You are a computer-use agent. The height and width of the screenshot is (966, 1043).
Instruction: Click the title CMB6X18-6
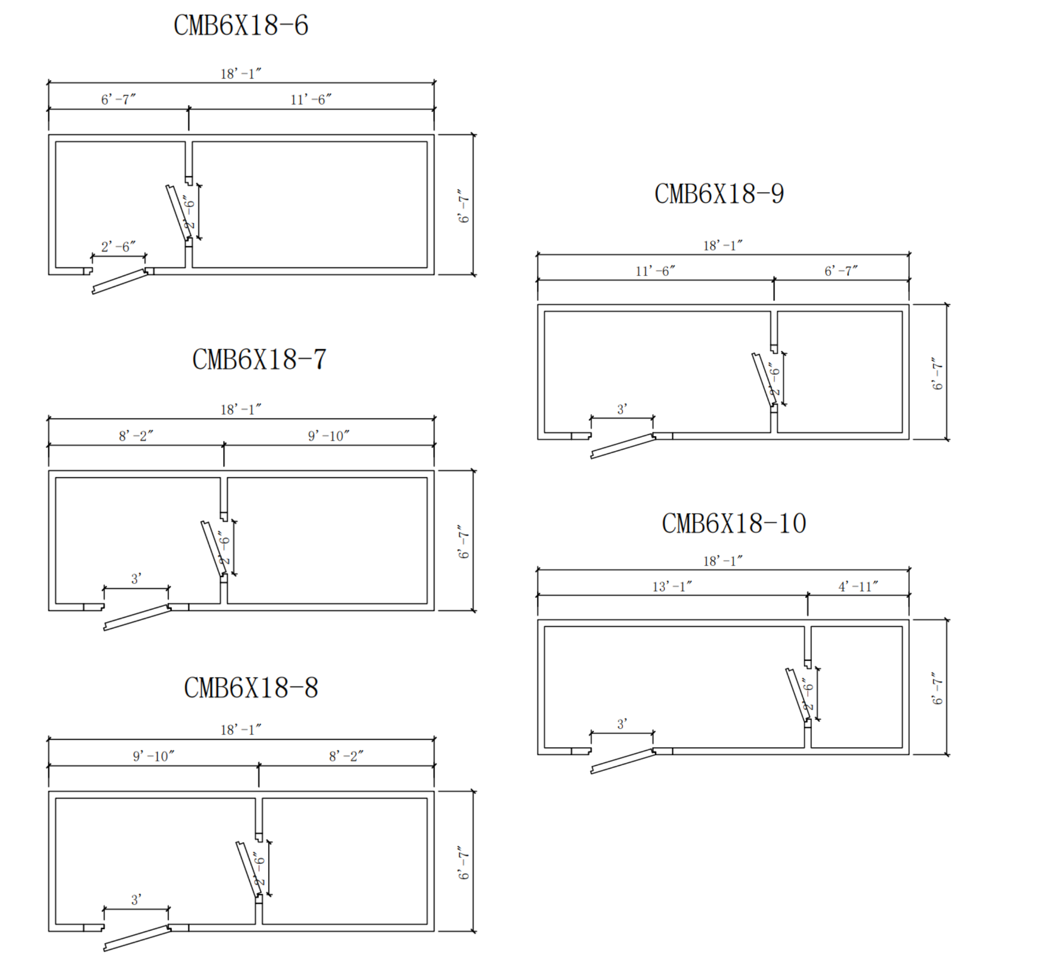pos(241,25)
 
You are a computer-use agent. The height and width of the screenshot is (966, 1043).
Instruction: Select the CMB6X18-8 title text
pos(251,688)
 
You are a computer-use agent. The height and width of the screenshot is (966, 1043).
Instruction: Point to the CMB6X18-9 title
pos(719,194)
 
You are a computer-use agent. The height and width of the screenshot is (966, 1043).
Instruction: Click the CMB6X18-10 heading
pos(734,523)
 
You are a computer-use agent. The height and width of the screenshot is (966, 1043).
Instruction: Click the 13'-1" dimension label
pos(672,586)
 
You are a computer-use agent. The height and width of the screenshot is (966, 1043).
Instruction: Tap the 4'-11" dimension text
pos(858,586)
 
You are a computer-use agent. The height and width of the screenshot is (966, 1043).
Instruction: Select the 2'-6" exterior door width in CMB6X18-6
pos(118,246)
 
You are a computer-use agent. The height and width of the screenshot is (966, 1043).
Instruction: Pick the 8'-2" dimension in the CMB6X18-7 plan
pos(136,436)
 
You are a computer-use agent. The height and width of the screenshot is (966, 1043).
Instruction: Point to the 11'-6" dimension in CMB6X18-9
pos(655,271)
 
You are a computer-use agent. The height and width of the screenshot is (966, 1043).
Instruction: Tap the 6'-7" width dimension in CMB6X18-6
pos(118,99)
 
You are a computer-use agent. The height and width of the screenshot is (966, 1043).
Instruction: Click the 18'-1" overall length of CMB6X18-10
pos(723,561)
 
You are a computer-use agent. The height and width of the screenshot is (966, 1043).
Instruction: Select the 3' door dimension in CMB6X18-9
pos(622,409)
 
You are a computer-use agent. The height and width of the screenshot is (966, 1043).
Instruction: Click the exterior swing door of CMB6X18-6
pos(120,281)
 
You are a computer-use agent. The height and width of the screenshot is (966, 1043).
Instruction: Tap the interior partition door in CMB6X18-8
pos(248,869)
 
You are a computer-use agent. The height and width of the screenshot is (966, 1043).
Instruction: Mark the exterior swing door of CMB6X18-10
pos(623,761)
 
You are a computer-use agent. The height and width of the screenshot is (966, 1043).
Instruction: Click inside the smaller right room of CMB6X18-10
pos(857,687)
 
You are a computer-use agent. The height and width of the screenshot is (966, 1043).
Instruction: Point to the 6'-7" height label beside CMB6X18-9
pos(937,373)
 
